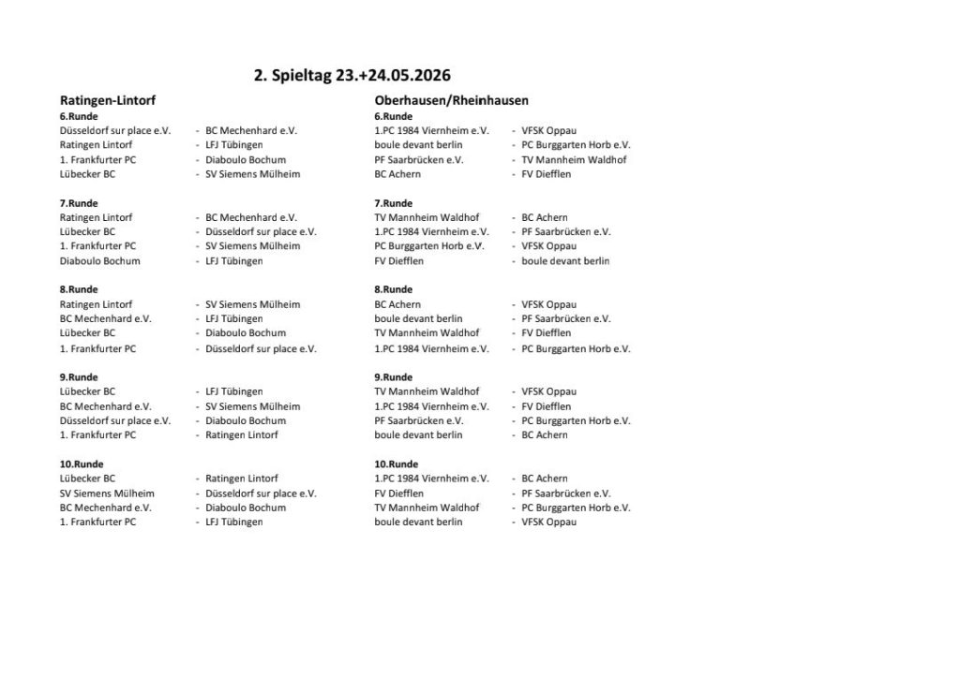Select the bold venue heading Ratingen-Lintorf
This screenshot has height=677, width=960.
(108, 100)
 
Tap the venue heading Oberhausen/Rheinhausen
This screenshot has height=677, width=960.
(451, 100)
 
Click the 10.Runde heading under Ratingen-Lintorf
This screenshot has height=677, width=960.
(81, 464)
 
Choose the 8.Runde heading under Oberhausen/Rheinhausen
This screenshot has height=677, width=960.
(393, 290)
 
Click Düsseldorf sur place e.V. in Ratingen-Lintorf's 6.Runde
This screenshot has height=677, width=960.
(114, 131)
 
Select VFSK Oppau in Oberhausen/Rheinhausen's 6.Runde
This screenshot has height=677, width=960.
(548, 131)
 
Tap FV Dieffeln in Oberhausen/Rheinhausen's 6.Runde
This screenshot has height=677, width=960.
(546, 174)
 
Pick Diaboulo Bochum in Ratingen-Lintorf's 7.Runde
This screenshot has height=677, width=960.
(99, 261)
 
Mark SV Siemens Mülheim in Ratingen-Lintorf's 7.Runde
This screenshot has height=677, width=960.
(252, 246)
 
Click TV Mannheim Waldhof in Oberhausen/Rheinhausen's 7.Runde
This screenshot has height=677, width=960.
(427, 218)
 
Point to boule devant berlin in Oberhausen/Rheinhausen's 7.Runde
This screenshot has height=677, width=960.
(565, 261)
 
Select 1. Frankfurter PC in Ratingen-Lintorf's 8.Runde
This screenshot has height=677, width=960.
(97, 349)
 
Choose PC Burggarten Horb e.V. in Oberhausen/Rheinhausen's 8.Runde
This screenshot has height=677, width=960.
(576, 349)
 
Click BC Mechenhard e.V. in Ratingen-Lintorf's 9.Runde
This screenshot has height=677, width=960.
(105, 406)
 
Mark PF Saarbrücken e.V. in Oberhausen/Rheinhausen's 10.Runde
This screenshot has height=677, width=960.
(565, 493)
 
